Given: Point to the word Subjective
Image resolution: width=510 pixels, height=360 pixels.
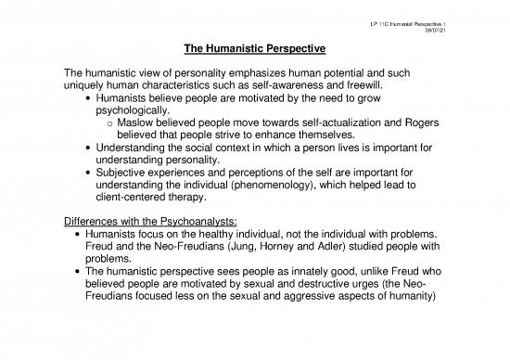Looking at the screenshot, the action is [120, 168].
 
